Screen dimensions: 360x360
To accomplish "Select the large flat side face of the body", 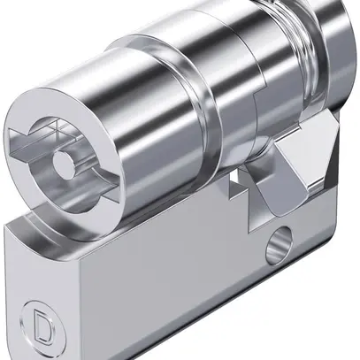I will tap(177, 292).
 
